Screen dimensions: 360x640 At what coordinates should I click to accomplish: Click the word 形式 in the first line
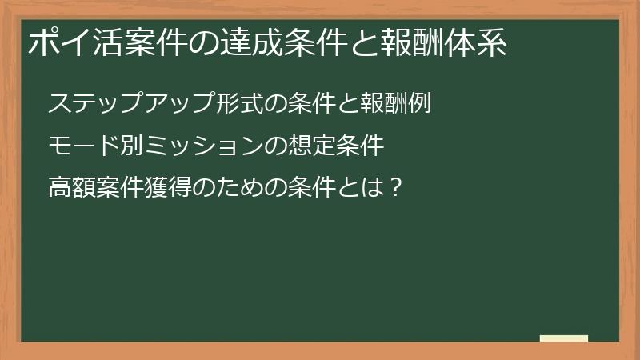[x=242, y=104]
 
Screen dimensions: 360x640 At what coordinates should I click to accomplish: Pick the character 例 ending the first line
[x=422, y=104]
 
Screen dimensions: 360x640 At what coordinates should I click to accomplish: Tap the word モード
[x=86, y=146]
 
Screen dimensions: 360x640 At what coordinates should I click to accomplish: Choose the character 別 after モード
[x=134, y=146]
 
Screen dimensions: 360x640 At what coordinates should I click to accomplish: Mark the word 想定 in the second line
[x=314, y=146]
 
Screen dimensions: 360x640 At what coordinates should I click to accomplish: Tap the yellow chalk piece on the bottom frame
[x=563, y=339]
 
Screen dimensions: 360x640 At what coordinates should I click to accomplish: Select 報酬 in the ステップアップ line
[x=386, y=104]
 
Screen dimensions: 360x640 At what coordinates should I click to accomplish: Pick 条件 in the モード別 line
[x=362, y=146]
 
